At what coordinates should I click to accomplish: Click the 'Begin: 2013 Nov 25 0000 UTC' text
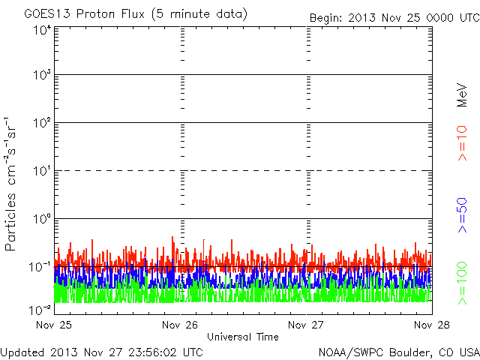tap(394, 17)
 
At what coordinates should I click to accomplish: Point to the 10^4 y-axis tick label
tap(41, 30)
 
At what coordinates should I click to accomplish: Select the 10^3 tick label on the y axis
tap(41, 76)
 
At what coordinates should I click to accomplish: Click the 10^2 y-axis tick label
tap(41, 123)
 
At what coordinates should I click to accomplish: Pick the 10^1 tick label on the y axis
tap(41, 171)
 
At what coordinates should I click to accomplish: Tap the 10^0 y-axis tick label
tap(41, 219)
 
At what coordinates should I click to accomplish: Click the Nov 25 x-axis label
tap(53, 325)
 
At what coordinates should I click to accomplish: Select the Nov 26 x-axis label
tap(180, 325)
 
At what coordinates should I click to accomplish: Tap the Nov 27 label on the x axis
tap(307, 325)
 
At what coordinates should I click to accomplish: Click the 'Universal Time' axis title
tap(242, 337)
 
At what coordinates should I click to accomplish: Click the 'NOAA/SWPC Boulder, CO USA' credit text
tap(398, 352)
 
